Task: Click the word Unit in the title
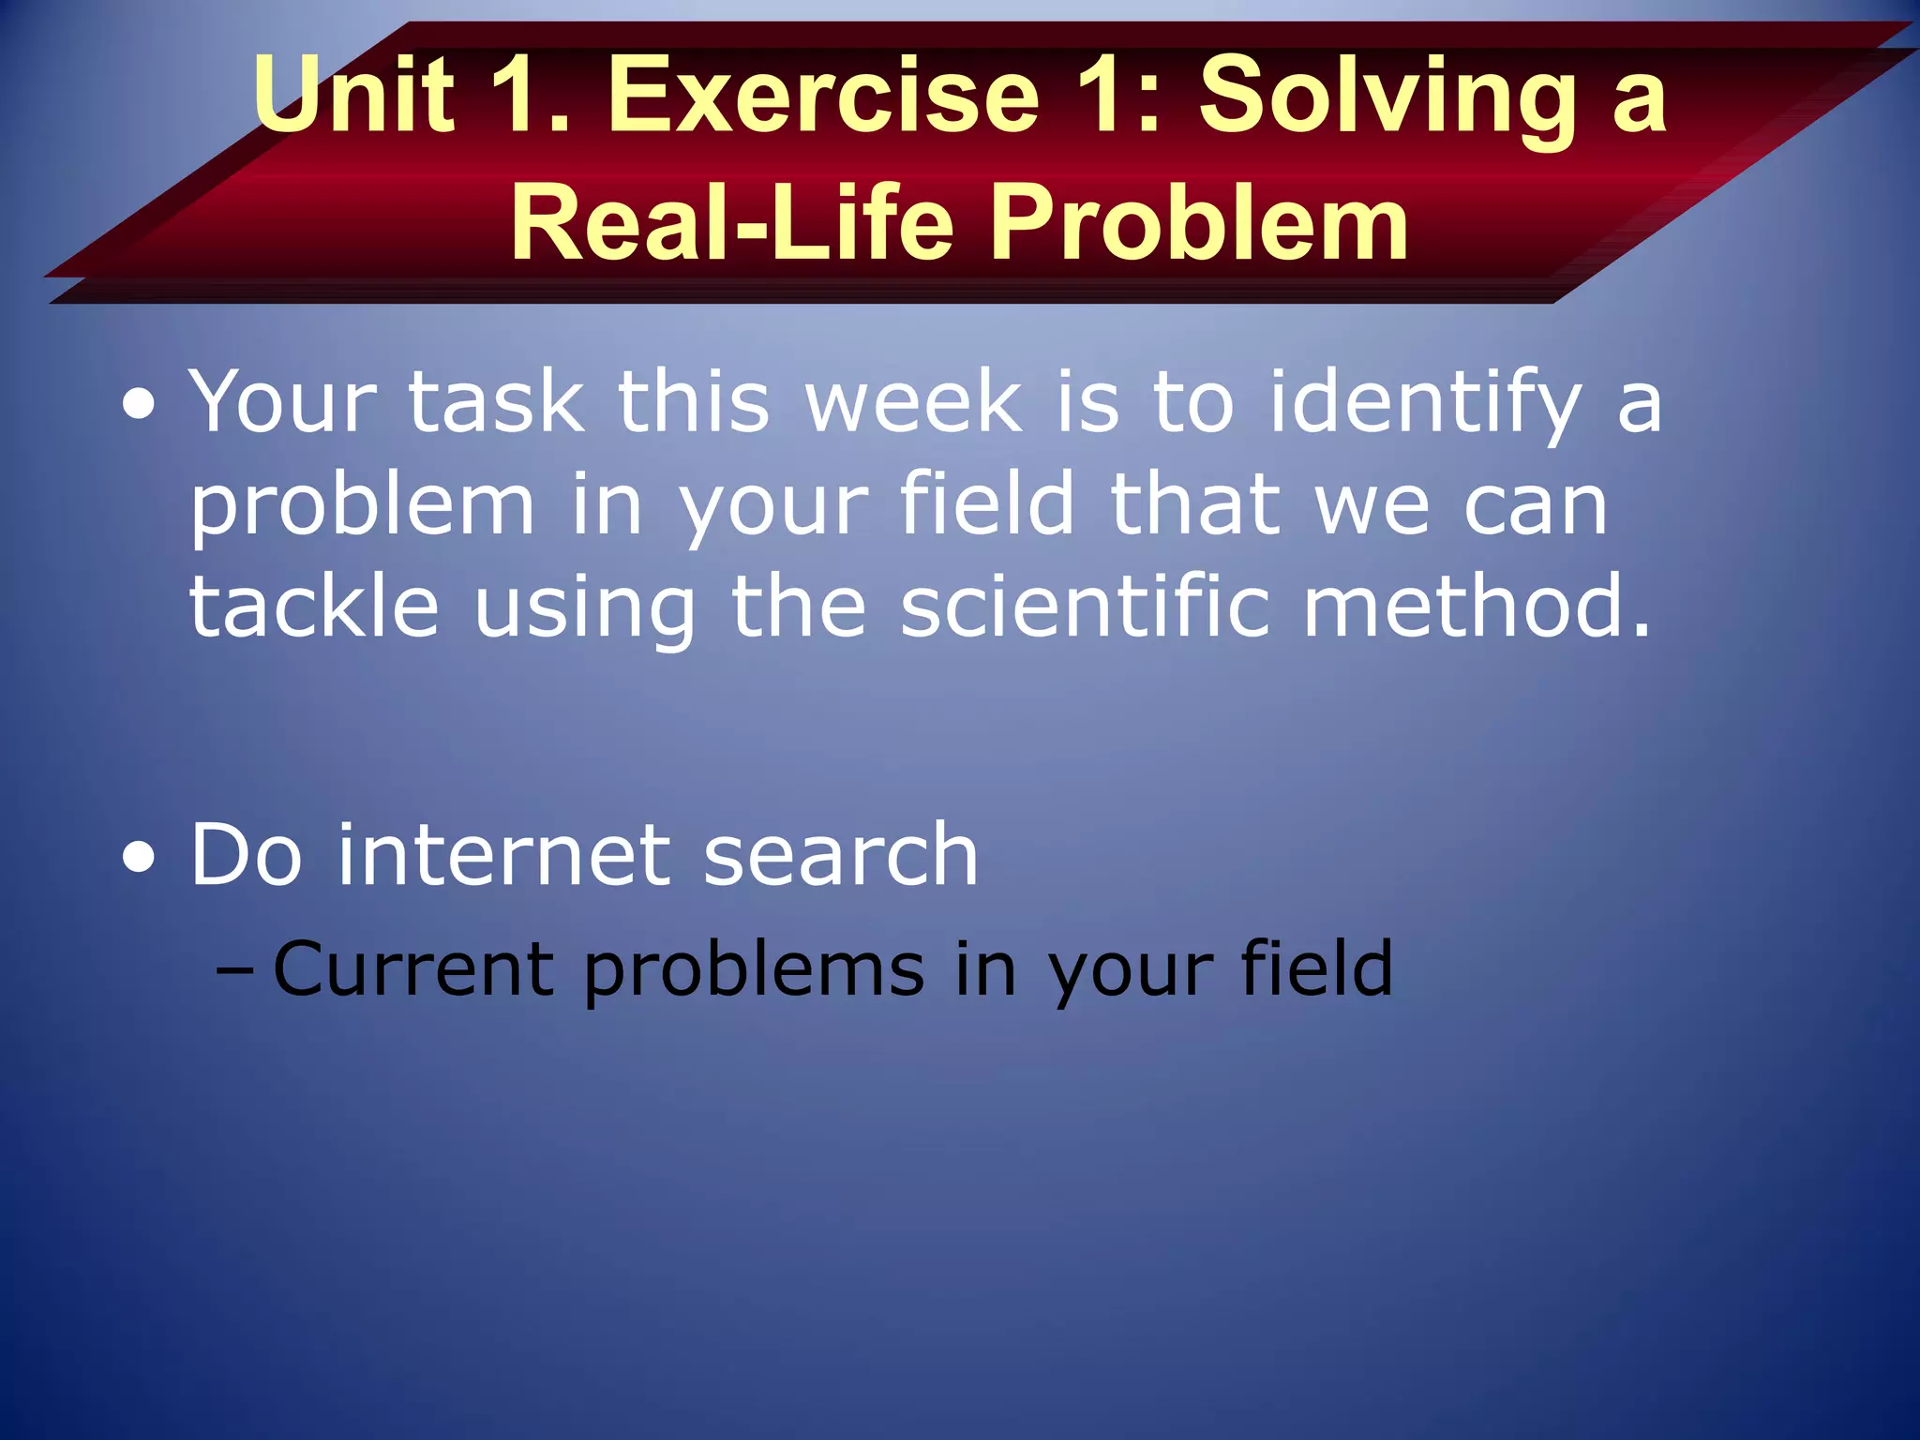[x=353, y=94]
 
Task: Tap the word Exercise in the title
[x=823, y=94]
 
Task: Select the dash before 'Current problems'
[x=234, y=968]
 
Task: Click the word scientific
[x=1085, y=607]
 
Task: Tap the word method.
[x=1476, y=607]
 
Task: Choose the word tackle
[x=314, y=607]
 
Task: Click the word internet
[x=503, y=854]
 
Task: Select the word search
[x=841, y=854]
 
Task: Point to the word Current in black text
[x=412, y=968]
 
